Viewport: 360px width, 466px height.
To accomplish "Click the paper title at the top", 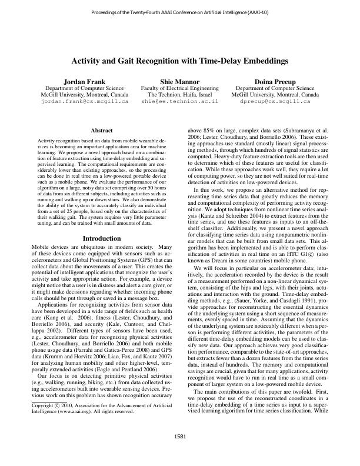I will click(x=180, y=60).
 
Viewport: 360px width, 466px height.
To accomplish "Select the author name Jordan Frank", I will click(x=85, y=81).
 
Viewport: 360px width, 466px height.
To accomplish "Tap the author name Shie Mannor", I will click(x=180, y=81).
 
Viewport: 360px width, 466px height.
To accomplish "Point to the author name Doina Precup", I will click(x=275, y=81).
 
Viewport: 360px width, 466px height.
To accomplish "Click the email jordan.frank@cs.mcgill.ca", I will click(x=85, y=102).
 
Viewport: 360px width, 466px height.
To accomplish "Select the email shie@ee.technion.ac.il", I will click(x=180, y=102).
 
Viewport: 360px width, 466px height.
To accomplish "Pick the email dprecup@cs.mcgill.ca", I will click(x=275, y=102).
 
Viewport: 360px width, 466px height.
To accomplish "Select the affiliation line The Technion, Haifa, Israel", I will click(x=180, y=95).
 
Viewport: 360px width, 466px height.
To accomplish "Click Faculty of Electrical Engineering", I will click(x=180, y=88).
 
